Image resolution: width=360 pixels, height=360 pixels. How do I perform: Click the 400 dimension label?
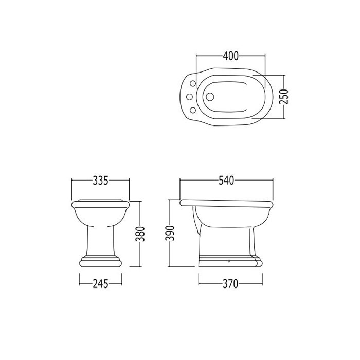pos(231,56)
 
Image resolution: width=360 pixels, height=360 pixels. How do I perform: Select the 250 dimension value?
pos(284,97)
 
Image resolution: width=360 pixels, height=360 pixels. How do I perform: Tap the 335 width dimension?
pos(100,181)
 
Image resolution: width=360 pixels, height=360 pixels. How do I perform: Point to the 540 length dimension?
pos(226,181)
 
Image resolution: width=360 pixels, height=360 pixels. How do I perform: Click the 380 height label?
pos(140,234)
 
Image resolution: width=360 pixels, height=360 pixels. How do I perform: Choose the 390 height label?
pos(170,233)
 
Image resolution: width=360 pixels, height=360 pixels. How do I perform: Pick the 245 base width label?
pos(100,284)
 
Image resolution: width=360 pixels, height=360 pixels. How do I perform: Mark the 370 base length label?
pos(230,284)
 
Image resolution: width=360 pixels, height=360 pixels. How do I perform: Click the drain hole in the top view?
pos(209,97)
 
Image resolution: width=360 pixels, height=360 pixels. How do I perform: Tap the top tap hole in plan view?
pos(193,83)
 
